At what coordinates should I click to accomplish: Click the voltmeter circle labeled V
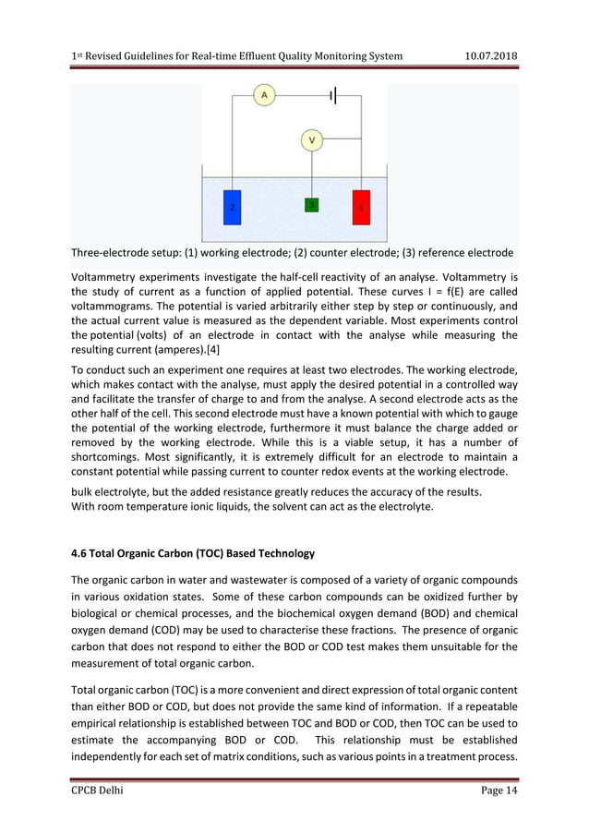(312, 140)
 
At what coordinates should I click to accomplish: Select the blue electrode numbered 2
(232, 207)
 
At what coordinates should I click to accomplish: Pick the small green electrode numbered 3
(312, 205)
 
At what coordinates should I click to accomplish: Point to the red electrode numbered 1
(361, 207)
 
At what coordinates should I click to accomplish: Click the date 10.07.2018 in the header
(489, 56)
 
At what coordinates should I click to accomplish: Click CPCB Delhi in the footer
(97, 792)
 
